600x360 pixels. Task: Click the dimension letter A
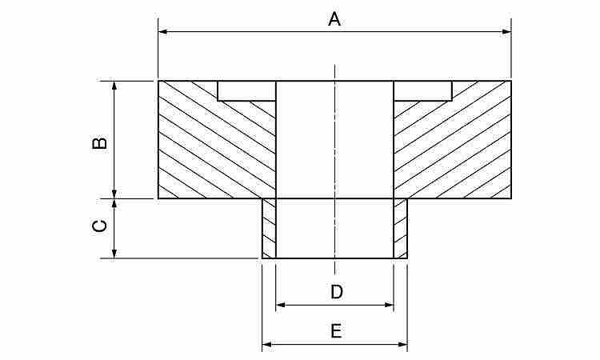pos(334,19)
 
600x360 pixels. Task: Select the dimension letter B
pos(100,142)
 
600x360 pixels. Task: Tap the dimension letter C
pos(100,226)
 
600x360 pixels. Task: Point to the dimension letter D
pos(337,292)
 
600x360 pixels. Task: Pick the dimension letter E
pos(336,331)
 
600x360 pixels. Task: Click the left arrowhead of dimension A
pos(163,31)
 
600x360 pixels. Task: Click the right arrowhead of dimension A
pos(506,31)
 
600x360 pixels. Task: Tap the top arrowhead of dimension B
pos(114,86)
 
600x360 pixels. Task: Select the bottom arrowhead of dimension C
pos(114,254)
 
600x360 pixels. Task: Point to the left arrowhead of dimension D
pos(281,305)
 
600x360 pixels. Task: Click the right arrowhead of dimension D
pos(389,305)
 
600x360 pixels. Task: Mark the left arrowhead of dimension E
pos(266,344)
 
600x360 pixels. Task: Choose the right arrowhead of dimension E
pos(402,344)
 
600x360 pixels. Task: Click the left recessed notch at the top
pos(246,90)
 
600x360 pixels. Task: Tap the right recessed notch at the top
pos(423,90)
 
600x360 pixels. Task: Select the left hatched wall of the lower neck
pos(269,228)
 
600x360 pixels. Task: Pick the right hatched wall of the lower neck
pos(401,228)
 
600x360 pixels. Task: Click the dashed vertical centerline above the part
pos(335,73)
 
